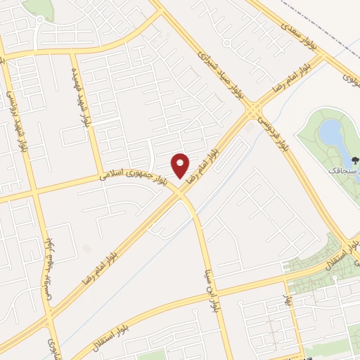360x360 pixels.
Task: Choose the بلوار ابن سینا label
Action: click(210, 287)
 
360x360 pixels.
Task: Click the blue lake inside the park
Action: click(329, 131)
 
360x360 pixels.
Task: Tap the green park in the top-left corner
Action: click(39, 8)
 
